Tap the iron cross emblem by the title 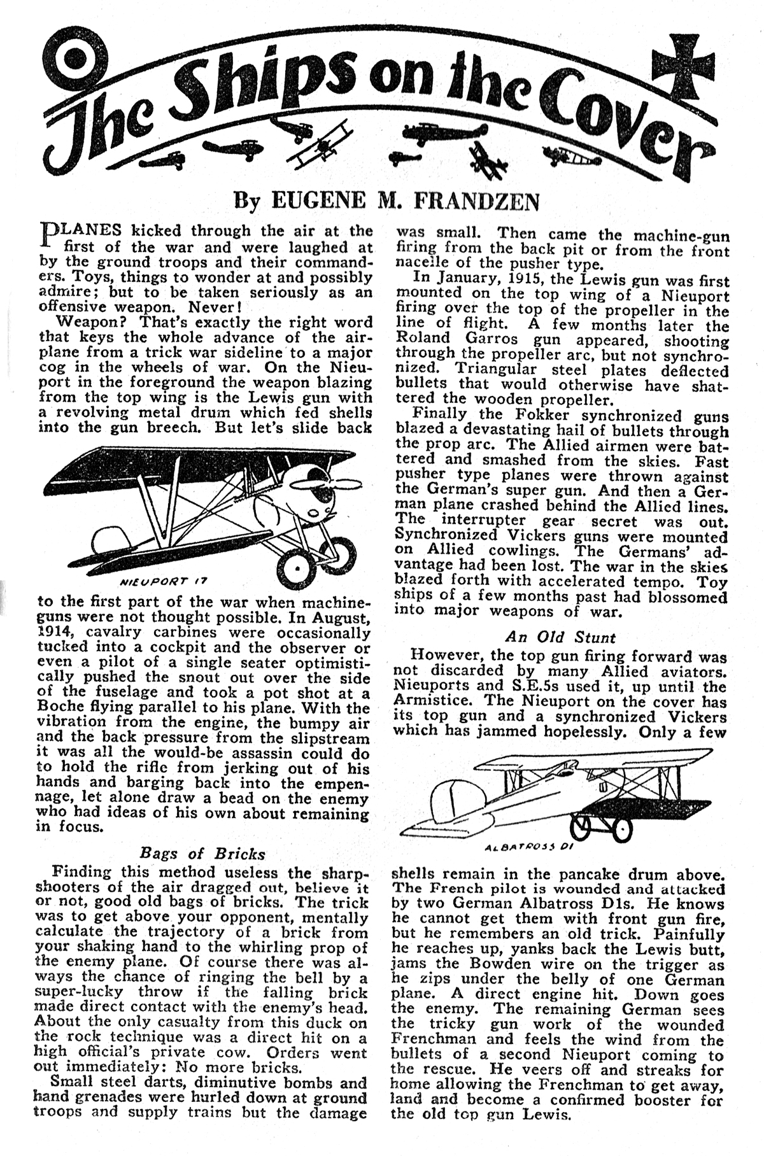[684, 59]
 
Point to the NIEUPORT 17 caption [164, 581]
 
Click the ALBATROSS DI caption [520, 847]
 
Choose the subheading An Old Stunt [560, 637]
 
